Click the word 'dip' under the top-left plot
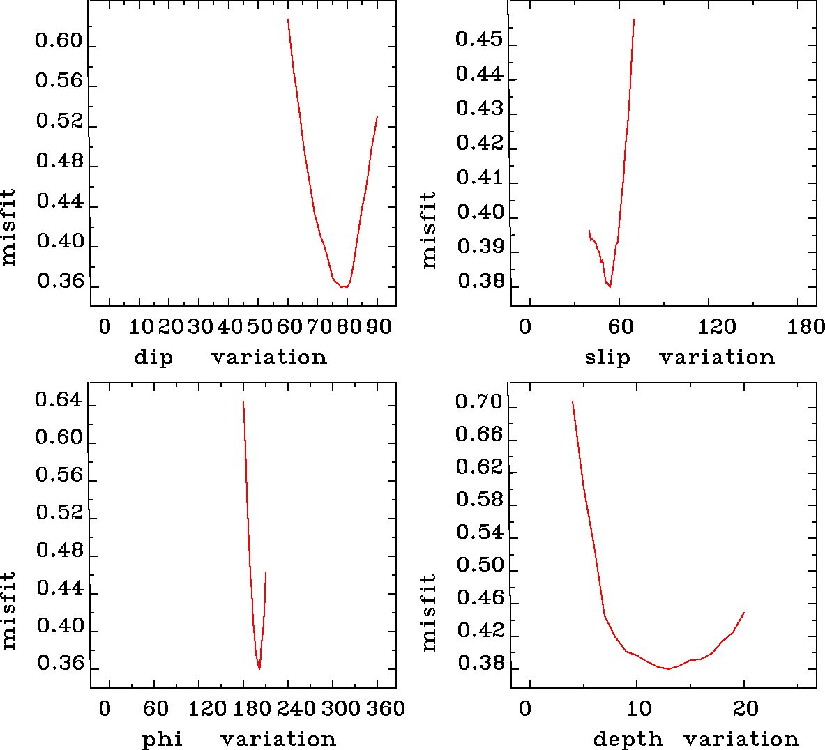[153, 358]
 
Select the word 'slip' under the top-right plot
[607, 358]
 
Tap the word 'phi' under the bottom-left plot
[162, 739]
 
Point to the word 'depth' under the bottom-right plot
[628, 739]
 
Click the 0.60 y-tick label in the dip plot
[59, 42]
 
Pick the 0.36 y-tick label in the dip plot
[61, 282]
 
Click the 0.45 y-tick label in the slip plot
[479, 40]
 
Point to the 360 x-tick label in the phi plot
[385, 709]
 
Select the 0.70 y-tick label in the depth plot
[479, 402]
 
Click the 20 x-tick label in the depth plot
[745, 709]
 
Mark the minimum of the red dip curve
[345, 286]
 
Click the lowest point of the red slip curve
[610, 286]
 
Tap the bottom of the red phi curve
[259, 669]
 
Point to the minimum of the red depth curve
[668, 669]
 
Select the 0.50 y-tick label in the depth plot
[480, 565]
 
